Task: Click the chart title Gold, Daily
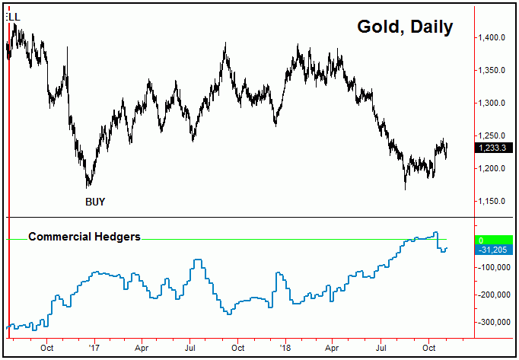(x=405, y=27)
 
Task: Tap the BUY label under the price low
(x=95, y=202)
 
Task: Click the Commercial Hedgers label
(x=84, y=237)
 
